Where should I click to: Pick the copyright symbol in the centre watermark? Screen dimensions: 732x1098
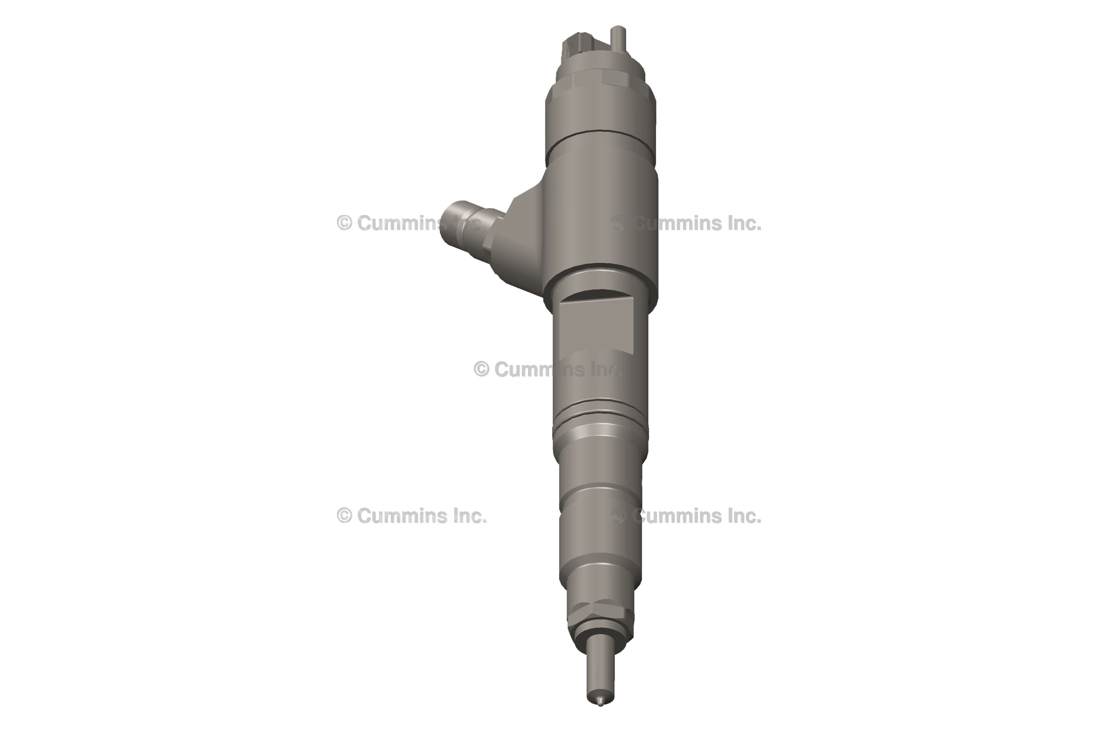(x=481, y=370)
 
